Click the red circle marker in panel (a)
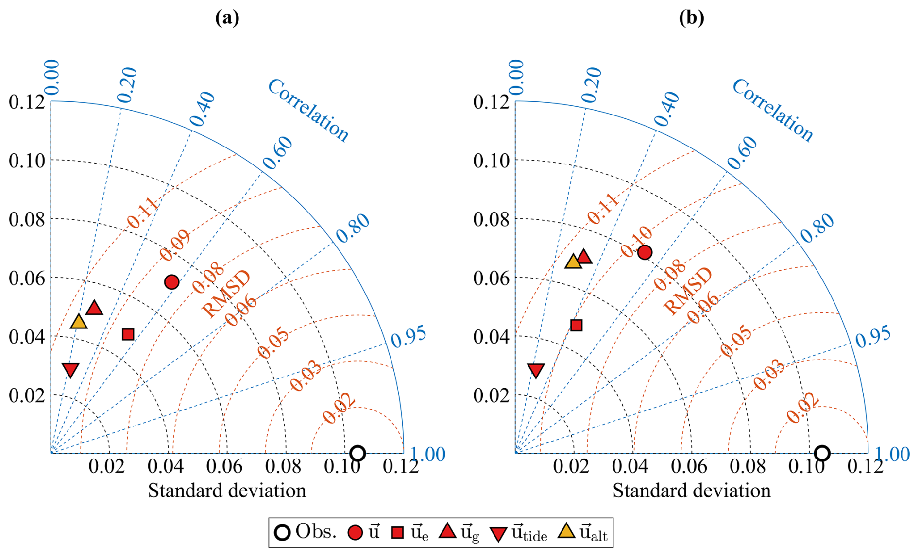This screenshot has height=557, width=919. (171, 282)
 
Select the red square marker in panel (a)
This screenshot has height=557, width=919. (128, 334)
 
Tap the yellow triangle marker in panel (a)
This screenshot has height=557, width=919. (79, 322)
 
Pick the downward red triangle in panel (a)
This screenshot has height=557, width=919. (71, 370)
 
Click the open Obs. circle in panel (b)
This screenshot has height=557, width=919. (822, 453)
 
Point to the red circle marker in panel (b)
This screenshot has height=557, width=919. (645, 252)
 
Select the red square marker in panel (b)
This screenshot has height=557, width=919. (577, 325)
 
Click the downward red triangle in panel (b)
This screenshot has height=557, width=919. (536, 370)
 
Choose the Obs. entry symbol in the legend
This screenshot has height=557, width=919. (282, 532)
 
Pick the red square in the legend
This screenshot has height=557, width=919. (397, 533)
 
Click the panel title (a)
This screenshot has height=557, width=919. (227, 18)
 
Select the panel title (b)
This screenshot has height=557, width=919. (691, 18)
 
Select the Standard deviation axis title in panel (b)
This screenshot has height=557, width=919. (691, 491)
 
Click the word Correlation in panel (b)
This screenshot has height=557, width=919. (772, 110)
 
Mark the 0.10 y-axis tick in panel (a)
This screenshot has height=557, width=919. (27, 161)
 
